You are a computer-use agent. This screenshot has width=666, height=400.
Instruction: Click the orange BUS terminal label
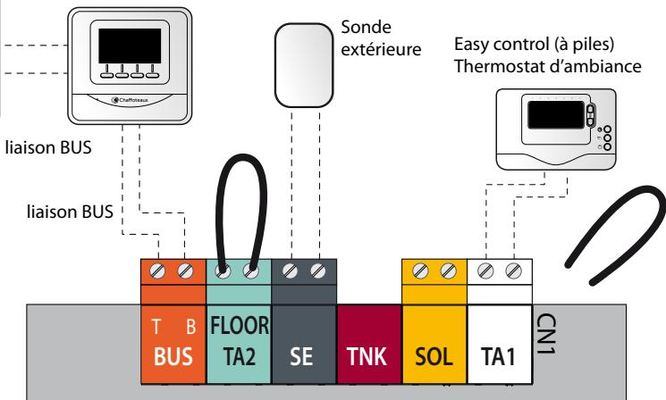[x=173, y=356]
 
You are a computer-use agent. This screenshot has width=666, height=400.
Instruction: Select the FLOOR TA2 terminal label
[x=240, y=341]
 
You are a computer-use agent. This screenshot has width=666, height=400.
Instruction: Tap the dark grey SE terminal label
[x=301, y=356]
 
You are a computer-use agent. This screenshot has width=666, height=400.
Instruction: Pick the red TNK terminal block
[x=369, y=344]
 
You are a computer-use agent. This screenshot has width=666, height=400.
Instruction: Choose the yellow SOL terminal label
[x=434, y=356]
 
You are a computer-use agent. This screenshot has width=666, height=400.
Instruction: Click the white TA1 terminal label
[x=498, y=356]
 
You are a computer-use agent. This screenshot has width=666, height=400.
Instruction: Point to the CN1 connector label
[x=547, y=334]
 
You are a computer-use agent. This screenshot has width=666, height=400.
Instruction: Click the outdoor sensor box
[x=304, y=65]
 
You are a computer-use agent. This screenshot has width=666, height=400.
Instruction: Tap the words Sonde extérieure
[x=381, y=38]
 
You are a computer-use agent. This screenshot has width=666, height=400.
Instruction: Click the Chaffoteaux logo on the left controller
[x=130, y=100]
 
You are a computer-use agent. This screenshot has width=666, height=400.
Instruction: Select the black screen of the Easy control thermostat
[x=556, y=115]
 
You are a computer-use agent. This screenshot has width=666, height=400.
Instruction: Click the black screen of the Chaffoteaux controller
[x=130, y=46]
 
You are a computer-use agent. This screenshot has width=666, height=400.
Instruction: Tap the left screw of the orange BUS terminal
[x=157, y=271]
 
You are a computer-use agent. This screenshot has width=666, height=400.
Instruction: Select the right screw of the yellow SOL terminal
[x=448, y=271]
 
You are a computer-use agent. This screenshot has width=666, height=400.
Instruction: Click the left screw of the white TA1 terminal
[x=485, y=271]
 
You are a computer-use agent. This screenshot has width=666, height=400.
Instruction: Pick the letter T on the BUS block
[x=156, y=327]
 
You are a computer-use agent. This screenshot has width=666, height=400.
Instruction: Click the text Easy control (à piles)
[x=534, y=44]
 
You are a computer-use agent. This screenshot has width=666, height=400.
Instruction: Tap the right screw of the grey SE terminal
[x=317, y=271]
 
